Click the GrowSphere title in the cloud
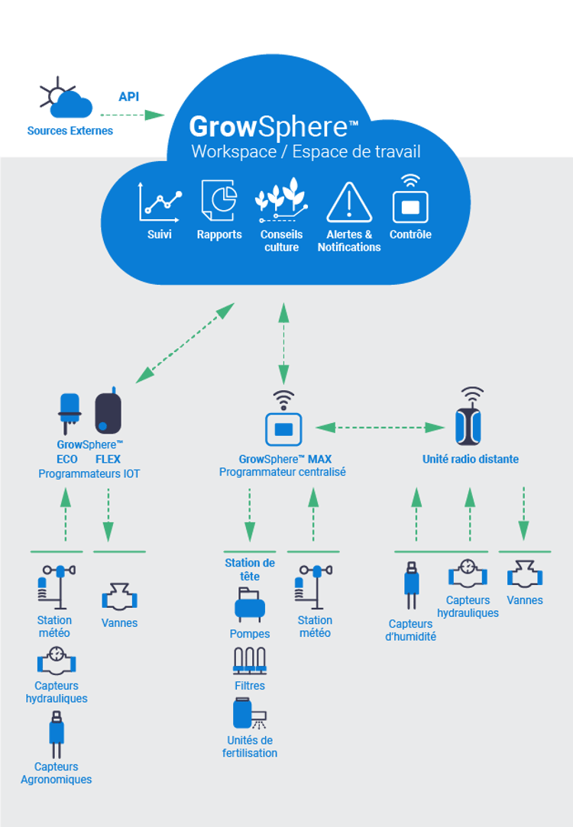tap(273, 125)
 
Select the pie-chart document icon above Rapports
tap(219, 201)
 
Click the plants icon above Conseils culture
tap(281, 199)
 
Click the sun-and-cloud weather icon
tap(67, 102)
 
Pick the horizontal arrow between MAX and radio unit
tap(380, 428)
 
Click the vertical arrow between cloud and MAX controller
tap(283, 343)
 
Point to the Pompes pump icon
tap(250, 607)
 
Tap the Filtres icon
tap(249, 661)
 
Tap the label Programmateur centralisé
tap(283, 473)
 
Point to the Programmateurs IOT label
tap(89, 474)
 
